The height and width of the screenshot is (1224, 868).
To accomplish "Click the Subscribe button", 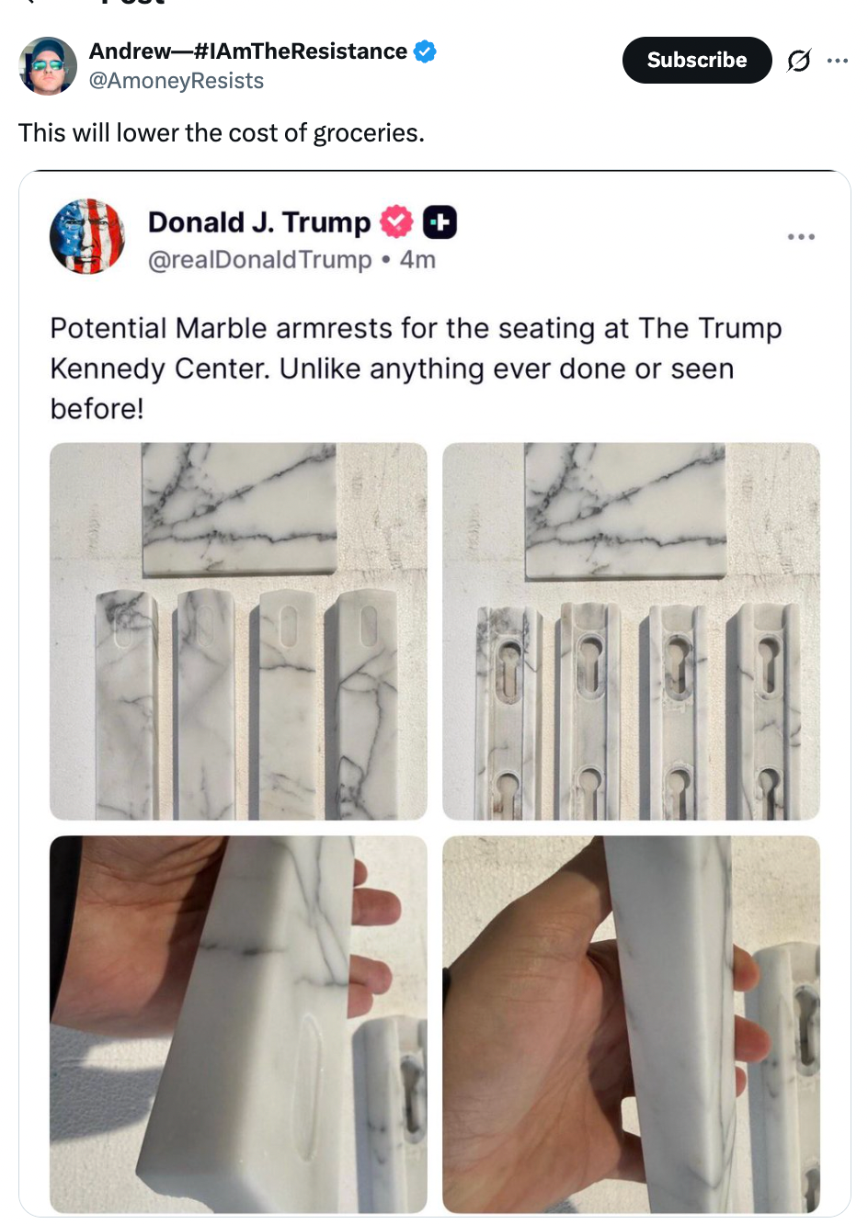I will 696,60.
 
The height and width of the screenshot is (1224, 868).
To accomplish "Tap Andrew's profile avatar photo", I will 48,65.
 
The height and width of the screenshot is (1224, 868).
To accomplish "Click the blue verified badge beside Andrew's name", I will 424,51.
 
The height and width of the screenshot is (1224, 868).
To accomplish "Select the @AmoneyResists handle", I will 176,81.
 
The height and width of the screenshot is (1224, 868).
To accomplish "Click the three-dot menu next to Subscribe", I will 837,61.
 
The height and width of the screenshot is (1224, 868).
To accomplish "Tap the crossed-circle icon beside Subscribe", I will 798,61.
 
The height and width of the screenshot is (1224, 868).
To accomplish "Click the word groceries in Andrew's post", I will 368,133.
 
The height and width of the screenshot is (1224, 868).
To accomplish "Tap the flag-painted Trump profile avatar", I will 87,236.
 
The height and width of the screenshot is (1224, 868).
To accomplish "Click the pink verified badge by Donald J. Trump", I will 396,222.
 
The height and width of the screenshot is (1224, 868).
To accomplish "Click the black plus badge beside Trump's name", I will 440,222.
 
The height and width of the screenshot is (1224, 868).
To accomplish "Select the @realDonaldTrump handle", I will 259,260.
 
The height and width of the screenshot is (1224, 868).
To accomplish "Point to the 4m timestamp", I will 417,260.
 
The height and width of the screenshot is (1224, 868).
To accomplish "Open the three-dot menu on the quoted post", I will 800,237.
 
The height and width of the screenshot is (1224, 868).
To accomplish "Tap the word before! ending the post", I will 97,408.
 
